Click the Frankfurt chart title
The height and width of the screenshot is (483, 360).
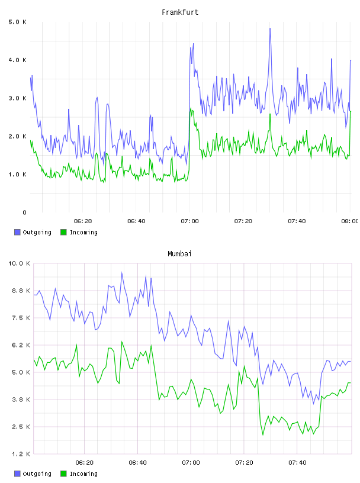tap(180, 12)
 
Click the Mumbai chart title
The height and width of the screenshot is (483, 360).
tap(179, 254)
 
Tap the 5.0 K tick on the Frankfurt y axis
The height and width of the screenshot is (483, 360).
tap(17, 22)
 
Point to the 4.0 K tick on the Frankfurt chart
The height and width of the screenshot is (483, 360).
tap(17, 60)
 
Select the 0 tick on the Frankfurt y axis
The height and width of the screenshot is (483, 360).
tap(24, 212)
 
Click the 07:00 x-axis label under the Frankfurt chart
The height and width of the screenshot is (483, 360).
tap(189, 221)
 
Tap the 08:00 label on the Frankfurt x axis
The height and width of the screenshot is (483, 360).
tap(350, 221)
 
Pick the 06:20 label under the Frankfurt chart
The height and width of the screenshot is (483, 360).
tap(83, 221)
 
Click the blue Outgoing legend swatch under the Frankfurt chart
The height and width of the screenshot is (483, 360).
tap(17, 232)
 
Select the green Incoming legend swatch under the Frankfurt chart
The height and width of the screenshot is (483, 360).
tap(63, 232)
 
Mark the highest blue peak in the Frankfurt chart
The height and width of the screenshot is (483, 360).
tap(270, 28)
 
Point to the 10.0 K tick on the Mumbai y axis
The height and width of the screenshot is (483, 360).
tap(19, 263)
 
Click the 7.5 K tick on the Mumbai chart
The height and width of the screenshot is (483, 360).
tap(21, 318)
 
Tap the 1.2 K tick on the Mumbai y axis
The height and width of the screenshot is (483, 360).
tap(21, 454)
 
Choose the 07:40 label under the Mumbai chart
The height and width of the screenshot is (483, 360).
tap(297, 463)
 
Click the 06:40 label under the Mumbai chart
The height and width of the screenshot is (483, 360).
tap(137, 463)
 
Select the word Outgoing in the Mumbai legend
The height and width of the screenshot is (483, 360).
tap(37, 474)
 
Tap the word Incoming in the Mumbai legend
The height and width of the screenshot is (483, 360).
tap(83, 474)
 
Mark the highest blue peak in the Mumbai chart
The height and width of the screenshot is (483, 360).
tap(122, 273)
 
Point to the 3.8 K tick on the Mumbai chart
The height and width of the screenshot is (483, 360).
tap(21, 400)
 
